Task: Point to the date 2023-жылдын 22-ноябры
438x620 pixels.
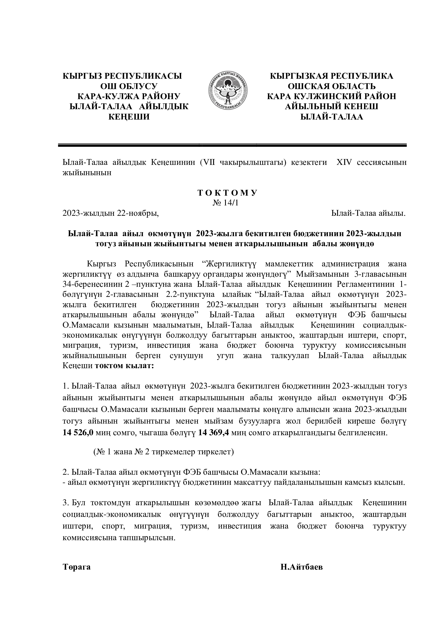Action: (111, 213)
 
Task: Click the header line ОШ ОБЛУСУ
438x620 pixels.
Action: (129, 86)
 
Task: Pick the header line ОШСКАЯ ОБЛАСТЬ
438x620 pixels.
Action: (332, 86)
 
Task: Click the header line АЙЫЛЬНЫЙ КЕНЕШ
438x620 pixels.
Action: (332, 107)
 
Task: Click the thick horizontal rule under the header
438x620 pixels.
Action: (232, 145)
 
